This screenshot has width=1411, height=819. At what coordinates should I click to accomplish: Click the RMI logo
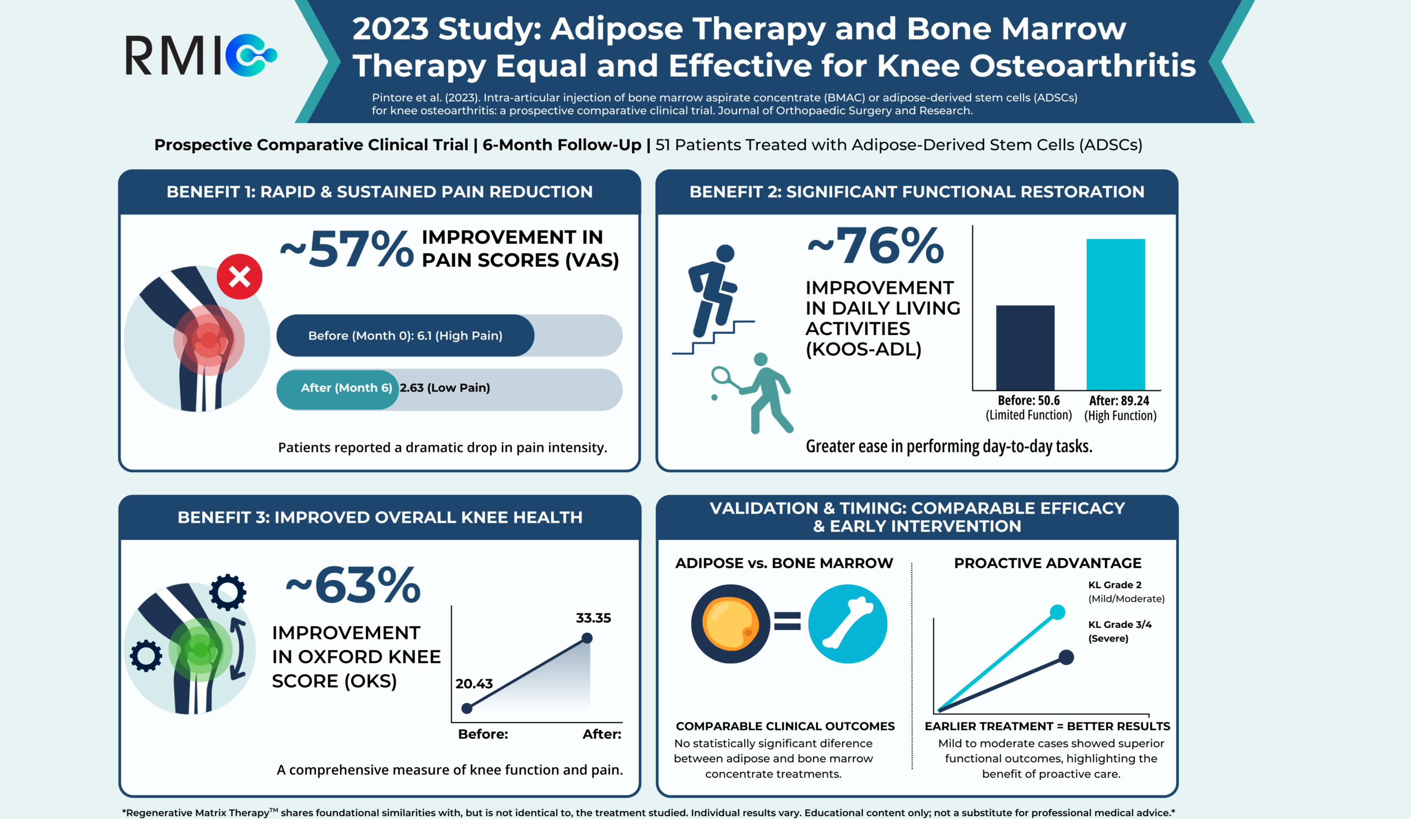point(201,56)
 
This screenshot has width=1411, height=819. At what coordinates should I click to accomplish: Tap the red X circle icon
point(240,277)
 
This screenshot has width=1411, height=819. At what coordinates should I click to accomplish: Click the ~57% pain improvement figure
point(348,249)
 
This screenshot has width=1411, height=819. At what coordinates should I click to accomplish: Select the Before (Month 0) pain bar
point(405,335)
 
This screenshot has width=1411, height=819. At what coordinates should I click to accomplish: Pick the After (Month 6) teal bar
point(338,389)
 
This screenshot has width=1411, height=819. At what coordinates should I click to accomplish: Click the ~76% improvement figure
point(876,246)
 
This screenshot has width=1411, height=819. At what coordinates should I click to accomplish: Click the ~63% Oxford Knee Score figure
point(353,585)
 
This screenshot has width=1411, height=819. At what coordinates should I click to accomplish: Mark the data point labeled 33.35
point(587,638)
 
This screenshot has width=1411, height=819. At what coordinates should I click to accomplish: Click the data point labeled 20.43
point(467,708)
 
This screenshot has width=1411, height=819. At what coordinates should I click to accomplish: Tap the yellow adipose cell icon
point(730,624)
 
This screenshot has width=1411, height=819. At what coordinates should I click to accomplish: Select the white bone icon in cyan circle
point(847,624)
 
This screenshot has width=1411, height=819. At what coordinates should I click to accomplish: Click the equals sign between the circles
point(787,621)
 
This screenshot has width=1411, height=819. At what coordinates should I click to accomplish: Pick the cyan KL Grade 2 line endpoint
point(1057,612)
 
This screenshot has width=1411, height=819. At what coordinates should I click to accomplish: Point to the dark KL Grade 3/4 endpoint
point(1066,657)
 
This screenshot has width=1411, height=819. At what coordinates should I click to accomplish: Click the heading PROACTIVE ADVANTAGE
point(1048,563)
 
